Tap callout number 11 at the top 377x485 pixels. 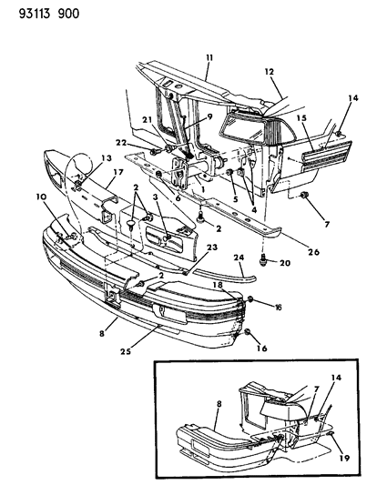pyautogui.click(x=209, y=57)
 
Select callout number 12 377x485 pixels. pyautogui.click(x=269, y=71)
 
